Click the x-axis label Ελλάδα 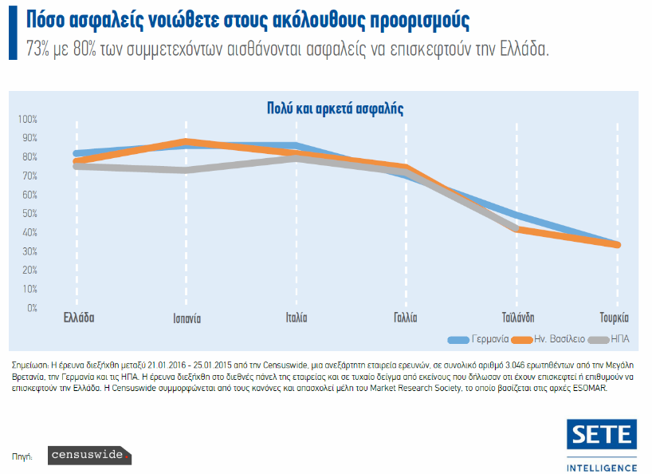(79, 318)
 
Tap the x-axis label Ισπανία (187, 318)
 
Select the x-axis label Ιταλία (297, 318)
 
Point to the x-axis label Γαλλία (405, 318)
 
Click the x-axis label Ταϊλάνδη (518, 318)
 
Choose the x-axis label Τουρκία (615, 318)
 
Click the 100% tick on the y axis (27, 120)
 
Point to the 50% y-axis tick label (29, 213)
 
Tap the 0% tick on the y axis (31, 307)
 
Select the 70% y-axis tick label (29, 176)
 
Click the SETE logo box (602, 435)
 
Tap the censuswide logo (88, 456)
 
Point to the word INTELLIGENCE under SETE (602, 466)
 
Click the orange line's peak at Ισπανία (186, 142)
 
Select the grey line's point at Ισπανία (186, 170)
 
